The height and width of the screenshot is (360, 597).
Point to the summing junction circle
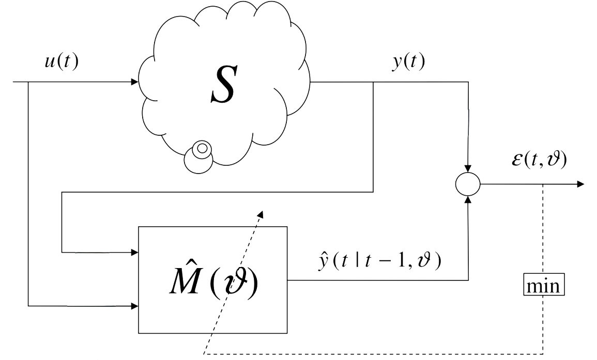tap(468, 184)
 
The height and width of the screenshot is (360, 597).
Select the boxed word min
tap(543, 285)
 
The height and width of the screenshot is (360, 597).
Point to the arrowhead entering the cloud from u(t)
tap(135, 82)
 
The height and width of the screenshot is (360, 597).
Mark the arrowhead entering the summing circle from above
tap(468, 169)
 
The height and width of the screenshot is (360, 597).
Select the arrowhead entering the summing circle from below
tap(468, 199)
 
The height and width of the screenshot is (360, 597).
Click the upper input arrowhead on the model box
tap(135, 253)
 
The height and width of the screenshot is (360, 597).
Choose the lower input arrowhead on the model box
tap(135, 306)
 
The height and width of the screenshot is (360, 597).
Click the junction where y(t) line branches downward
tap(373, 82)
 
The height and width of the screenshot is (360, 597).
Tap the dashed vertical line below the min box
tap(543, 325)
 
